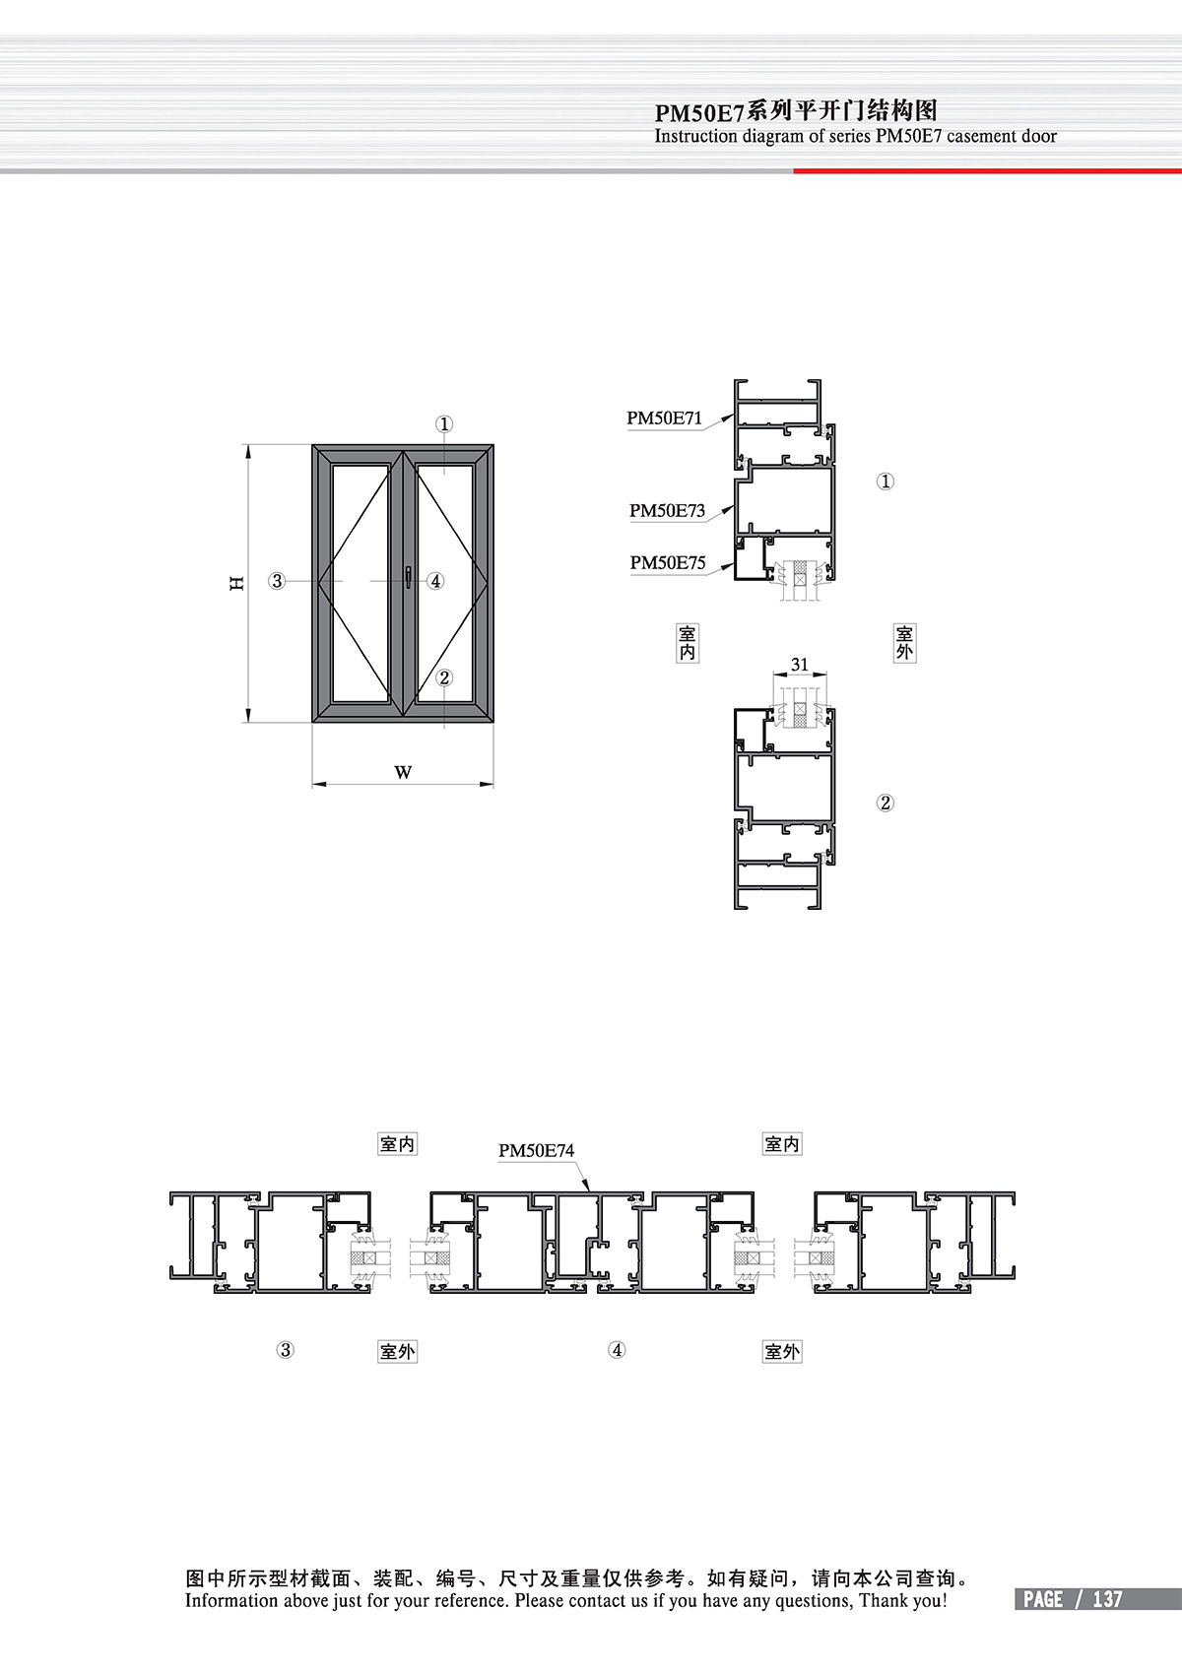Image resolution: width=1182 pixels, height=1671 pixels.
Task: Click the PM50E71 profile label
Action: pos(664,418)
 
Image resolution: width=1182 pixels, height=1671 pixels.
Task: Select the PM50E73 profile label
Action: pos(667,510)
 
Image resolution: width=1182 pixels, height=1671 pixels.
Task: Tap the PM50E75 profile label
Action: pos(668,562)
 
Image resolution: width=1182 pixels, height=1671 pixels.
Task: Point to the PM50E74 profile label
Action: pos(537,1151)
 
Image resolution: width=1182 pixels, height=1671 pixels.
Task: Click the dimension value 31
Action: pos(799,664)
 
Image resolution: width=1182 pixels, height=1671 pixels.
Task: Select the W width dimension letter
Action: pos(403,772)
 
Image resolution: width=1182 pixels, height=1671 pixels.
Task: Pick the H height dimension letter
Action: pos(236,583)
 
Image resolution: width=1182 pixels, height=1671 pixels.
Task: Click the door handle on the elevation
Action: pos(408,577)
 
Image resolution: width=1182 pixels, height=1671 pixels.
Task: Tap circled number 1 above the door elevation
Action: pos(444,423)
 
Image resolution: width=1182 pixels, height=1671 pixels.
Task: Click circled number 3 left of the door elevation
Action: pos(277,580)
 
